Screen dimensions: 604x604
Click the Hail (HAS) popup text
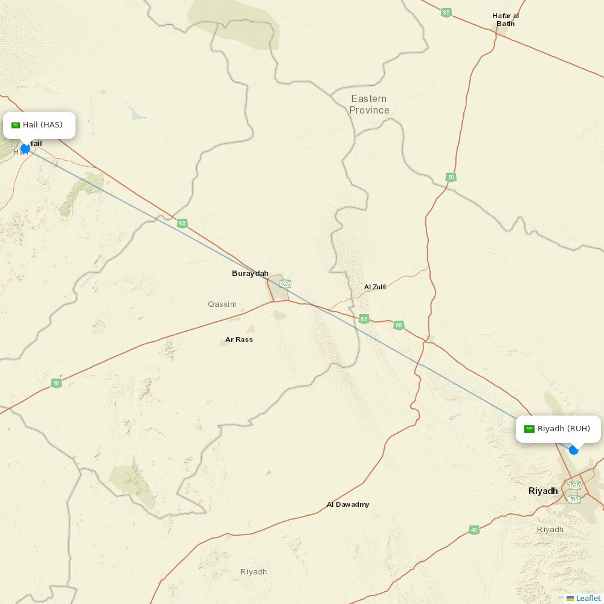tap(42, 125)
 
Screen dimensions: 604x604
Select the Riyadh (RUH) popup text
tap(564, 429)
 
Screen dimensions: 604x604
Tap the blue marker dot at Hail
tap(25, 149)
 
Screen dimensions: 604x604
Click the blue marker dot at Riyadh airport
tap(574, 450)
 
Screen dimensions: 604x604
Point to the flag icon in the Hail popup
tap(16, 125)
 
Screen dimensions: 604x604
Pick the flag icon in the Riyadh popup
tap(529, 429)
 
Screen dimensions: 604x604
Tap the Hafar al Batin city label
tap(506, 20)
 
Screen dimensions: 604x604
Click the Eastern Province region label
tap(369, 104)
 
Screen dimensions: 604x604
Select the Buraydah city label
tap(250, 274)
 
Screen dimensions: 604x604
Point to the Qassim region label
tap(222, 304)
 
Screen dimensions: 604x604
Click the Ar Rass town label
tap(239, 339)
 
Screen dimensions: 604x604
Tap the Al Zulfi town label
tap(375, 287)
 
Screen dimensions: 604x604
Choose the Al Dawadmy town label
tap(348, 504)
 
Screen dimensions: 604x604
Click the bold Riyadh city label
tap(543, 491)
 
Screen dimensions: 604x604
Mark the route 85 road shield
tap(446, 13)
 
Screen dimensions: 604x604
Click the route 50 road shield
tap(451, 178)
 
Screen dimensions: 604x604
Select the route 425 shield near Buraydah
tap(286, 283)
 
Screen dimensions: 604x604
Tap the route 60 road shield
tap(56, 384)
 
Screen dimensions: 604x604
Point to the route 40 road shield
tap(474, 530)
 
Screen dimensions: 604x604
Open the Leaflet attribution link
tap(588, 598)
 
